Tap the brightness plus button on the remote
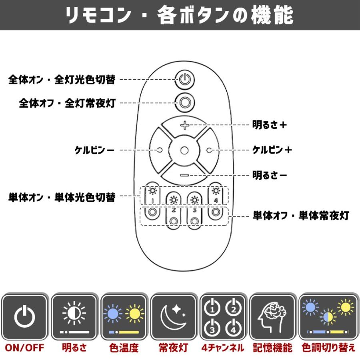[x=184, y=126]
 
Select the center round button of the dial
[x=184, y=150]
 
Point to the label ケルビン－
[x=94, y=150]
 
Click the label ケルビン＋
[x=272, y=150]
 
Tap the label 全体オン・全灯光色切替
[x=62, y=80]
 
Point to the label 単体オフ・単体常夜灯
[x=301, y=216]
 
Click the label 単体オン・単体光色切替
[x=62, y=197]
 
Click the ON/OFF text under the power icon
[x=25, y=348]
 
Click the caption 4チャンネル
[x=223, y=348]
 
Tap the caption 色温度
[x=124, y=348]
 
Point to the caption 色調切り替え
[x=328, y=348]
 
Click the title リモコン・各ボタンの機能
[x=180, y=16]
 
